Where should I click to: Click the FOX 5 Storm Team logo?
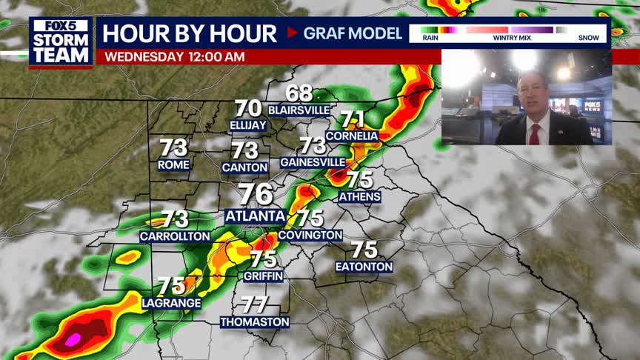tap(61, 41)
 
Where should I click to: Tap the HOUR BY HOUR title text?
tap(190, 33)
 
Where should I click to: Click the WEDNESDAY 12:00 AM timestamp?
tap(175, 56)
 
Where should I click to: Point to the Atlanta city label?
tap(256, 216)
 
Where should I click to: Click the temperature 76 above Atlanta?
tap(256, 195)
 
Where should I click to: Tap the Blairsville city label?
tap(299, 110)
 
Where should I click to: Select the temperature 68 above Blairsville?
tap(299, 94)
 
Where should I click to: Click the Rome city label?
tap(174, 164)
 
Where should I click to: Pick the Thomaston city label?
tap(255, 322)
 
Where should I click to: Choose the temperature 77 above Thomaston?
tap(255, 304)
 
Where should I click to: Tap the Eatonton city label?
tap(364, 267)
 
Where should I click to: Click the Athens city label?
tap(360, 197)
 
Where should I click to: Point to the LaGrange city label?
tap(171, 303)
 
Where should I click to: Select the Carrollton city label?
tap(175, 236)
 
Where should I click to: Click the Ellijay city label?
tap(248, 125)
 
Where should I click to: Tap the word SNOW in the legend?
tap(589, 37)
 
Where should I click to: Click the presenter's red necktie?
tap(534, 133)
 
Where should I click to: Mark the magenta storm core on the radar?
tap(72, 340)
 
